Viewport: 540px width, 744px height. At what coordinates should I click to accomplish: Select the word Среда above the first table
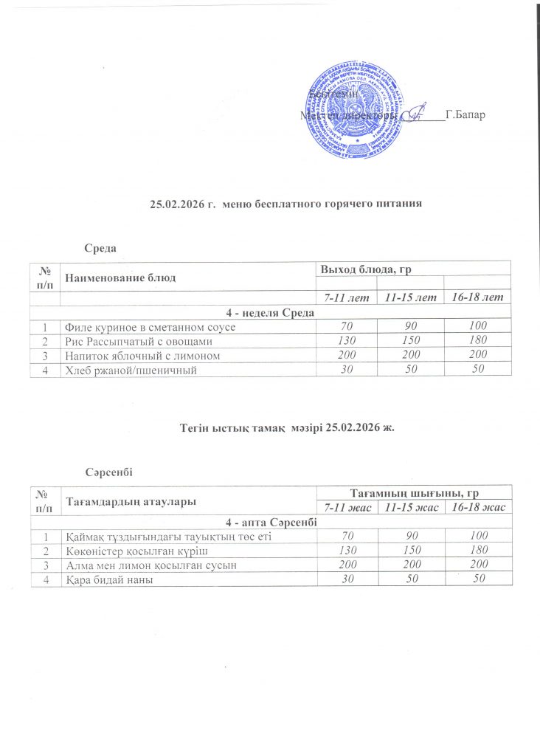click(103, 246)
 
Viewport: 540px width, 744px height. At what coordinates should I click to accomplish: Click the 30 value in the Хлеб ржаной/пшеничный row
click(346, 369)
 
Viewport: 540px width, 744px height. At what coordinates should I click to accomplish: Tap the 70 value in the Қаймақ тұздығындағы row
click(346, 537)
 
